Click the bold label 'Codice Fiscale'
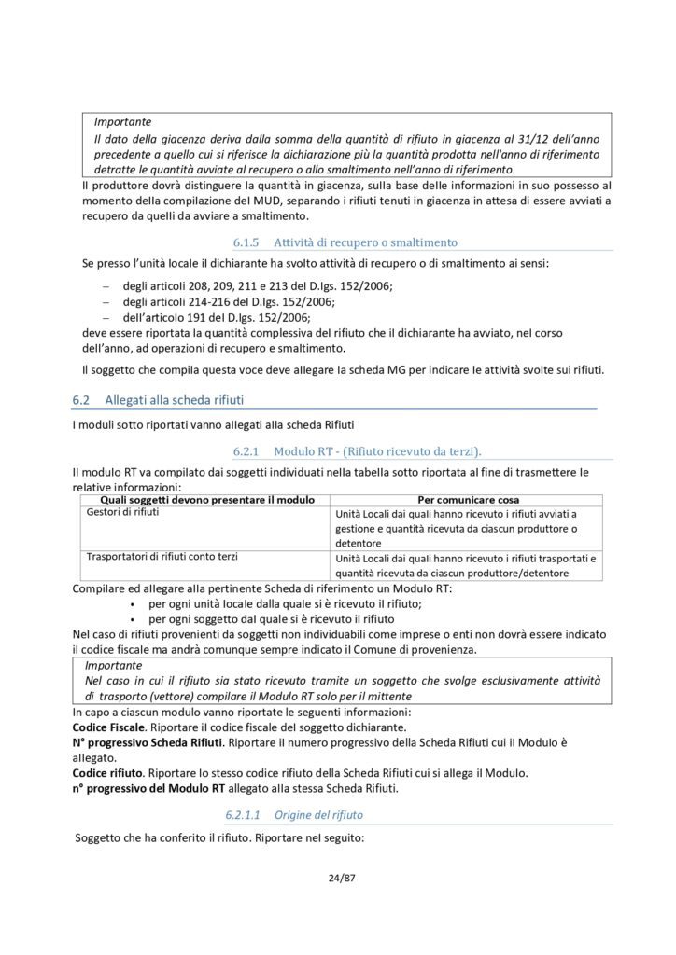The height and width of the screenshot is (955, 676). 108,726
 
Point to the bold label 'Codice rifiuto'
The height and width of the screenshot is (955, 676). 108,772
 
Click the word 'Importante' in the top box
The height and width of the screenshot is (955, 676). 122,121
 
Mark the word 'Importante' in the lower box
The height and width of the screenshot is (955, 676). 114,666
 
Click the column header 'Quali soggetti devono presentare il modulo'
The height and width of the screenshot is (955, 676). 200,499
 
